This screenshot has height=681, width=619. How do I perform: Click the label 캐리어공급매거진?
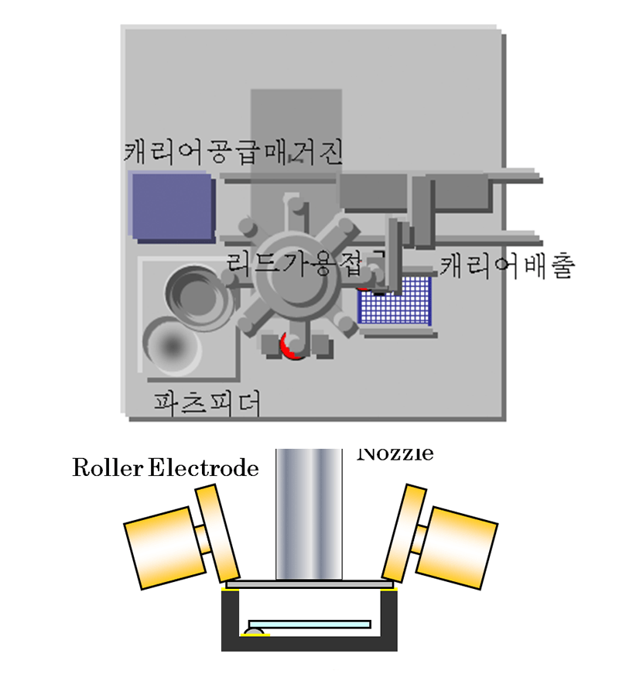pos(232,150)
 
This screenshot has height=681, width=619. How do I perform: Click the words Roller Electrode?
pos(165,468)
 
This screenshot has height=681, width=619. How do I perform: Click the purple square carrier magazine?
pos(172,207)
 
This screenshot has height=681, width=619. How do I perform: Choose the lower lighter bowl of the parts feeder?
pos(172,345)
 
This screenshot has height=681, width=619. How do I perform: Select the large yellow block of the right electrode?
pos(463,546)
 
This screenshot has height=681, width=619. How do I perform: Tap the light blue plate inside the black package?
pos(309,624)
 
